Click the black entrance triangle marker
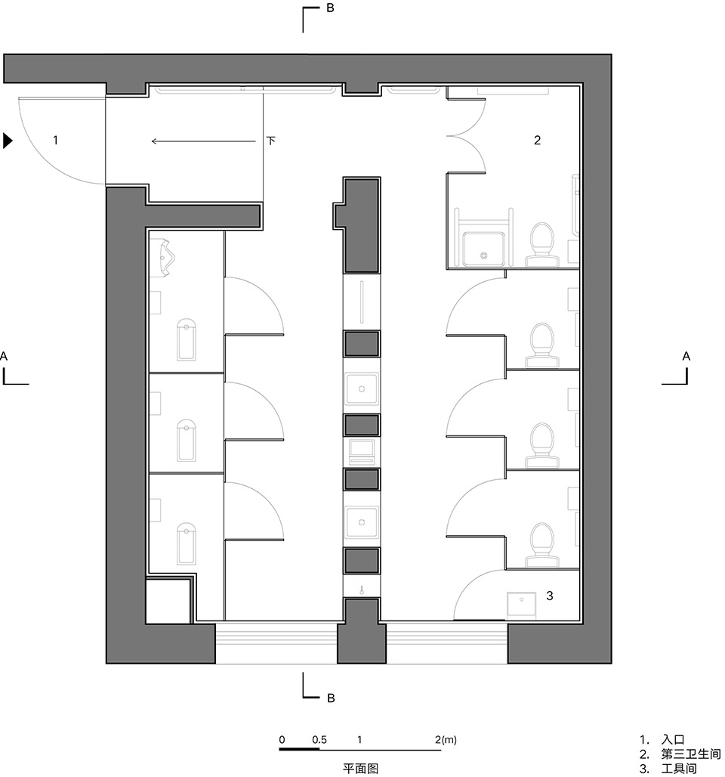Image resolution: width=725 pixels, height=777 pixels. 7,141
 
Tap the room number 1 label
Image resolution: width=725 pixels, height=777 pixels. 55,141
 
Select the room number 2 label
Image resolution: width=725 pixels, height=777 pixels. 537,141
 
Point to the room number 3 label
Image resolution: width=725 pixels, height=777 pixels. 550,596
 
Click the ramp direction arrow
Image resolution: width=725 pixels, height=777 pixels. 204,141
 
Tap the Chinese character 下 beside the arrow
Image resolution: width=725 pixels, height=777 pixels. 271,141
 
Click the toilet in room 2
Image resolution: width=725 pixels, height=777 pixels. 542,245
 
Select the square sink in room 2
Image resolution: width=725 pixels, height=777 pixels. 484,249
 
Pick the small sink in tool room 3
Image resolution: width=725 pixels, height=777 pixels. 521,604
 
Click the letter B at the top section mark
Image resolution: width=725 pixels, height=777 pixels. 330,8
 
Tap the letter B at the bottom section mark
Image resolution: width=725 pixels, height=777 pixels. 332,698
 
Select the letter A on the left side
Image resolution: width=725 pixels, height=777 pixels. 4,356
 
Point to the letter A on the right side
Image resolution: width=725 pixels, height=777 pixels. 686,356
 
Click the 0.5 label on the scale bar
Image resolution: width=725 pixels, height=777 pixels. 319,740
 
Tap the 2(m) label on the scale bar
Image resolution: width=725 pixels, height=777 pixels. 446,740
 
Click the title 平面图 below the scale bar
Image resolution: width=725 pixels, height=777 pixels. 360,769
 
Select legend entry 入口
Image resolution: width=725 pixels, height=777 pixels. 673,740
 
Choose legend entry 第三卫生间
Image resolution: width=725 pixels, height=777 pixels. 691,754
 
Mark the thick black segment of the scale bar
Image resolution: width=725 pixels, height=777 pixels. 299,749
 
